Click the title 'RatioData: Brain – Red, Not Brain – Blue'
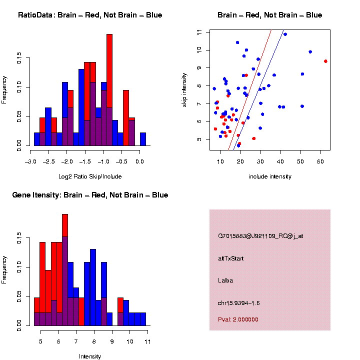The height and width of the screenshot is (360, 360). point(90,15)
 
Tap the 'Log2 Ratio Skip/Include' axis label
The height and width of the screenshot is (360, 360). point(90,176)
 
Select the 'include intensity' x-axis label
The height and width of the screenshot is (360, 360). point(270,176)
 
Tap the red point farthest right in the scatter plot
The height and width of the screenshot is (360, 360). point(325,61)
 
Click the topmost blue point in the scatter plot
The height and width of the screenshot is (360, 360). point(285,34)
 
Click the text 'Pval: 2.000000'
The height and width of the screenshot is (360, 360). point(238,319)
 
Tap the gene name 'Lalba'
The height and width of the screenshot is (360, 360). point(225,280)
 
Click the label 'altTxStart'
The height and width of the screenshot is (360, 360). point(230,258)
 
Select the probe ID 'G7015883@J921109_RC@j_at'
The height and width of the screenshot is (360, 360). point(260,236)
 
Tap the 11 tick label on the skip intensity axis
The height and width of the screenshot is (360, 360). point(199,32)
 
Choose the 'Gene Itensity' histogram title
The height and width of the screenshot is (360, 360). point(90,195)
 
